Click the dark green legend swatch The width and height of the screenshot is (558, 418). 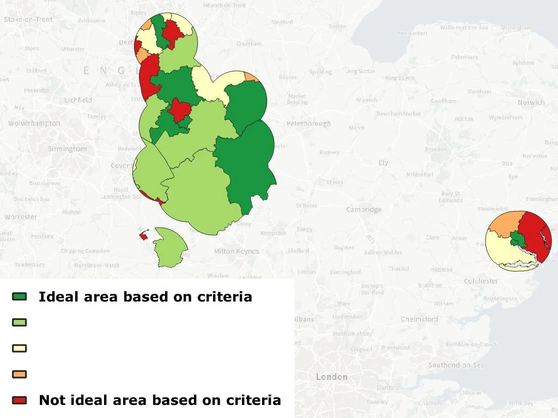(20, 296)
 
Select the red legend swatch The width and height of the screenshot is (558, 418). (20, 400)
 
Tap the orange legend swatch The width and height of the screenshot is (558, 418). (20, 374)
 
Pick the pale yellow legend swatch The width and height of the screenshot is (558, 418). (20, 348)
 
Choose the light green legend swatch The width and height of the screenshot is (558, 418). (20, 322)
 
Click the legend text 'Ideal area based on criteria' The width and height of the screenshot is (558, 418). (145, 297)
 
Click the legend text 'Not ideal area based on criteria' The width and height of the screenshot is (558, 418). (160, 401)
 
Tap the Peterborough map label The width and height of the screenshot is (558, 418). (308, 124)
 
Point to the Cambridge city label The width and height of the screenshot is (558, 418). (364, 210)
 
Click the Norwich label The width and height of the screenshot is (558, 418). (531, 102)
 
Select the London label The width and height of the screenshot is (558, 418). (331, 377)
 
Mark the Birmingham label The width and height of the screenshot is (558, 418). (67, 149)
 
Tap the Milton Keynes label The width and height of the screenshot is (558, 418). (236, 251)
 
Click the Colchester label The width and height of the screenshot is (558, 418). (481, 281)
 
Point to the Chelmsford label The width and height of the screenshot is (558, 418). (419, 319)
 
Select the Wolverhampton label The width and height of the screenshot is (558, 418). (34, 124)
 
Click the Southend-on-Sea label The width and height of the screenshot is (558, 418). (456, 365)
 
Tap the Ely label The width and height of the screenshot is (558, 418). (384, 163)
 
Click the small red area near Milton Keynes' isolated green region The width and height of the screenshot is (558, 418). (144, 236)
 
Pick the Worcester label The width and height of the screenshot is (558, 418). (21, 217)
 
